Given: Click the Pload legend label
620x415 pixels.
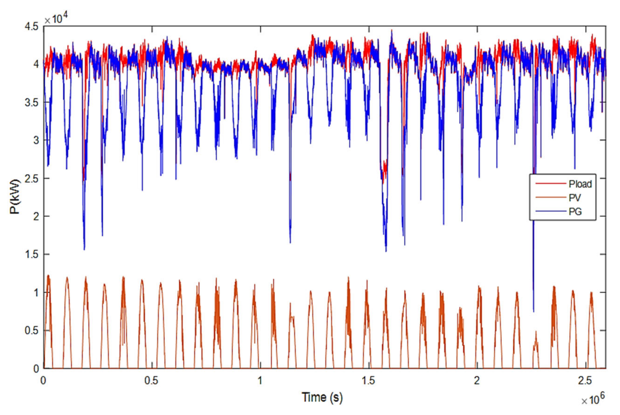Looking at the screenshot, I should tap(580, 184).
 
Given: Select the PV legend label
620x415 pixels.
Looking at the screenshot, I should tap(575, 198).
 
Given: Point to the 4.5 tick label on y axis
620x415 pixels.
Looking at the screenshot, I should tap(31, 27).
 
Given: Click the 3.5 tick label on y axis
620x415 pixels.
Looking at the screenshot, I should tap(31, 103).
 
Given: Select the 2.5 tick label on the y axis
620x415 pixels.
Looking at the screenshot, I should tap(31, 179).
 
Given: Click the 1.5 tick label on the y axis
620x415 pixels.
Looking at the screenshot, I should tap(31, 255).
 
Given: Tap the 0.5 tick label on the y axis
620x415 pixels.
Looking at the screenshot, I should tap(31, 330).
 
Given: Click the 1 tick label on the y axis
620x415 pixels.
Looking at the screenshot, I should tap(36, 293).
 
